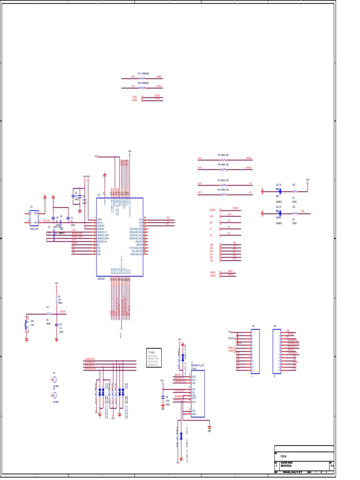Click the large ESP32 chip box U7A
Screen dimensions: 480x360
pyautogui.click(x=120, y=237)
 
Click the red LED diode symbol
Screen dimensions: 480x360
pyautogui.click(x=279, y=191)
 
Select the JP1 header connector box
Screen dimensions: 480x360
pyautogui.click(x=255, y=351)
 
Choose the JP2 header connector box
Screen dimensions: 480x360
pyautogui.click(x=277, y=351)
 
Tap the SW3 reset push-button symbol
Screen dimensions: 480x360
pyautogui.click(x=27, y=323)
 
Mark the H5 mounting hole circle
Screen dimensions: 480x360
pyautogui.click(x=54, y=379)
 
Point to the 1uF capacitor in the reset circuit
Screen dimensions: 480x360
pyautogui.click(x=56, y=324)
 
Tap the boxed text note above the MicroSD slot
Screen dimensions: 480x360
pyautogui.click(x=154, y=358)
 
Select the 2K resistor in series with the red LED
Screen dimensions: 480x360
pyautogui.click(x=294, y=191)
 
